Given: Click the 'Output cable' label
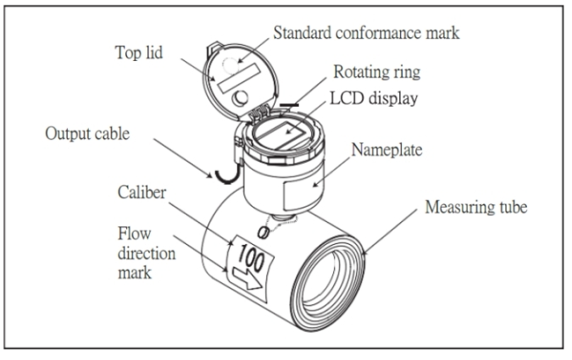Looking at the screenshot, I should tap(87, 133).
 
